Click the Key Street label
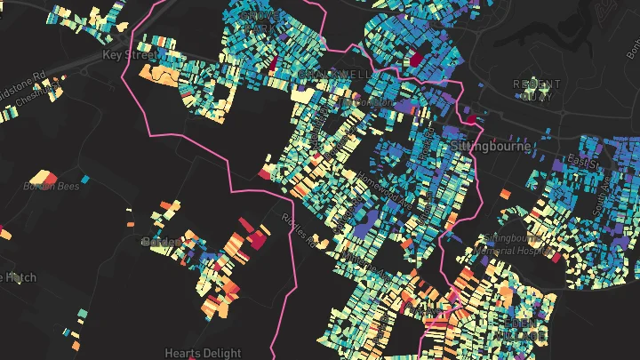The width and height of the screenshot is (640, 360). click(x=129, y=54)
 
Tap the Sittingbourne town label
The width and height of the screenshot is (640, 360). click(x=491, y=145)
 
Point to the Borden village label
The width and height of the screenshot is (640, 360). click(x=158, y=240)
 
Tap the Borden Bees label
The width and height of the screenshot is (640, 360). click(x=51, y=186)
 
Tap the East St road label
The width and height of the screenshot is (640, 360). click(x=586, y=164)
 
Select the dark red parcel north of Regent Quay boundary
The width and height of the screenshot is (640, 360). click(x=415, y=59)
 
